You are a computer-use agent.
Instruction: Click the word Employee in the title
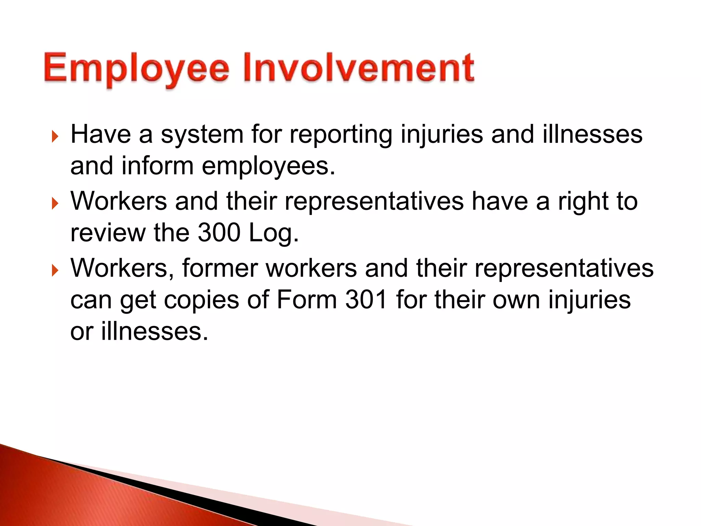[136, 68]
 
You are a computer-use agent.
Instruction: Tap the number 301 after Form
[366, 300]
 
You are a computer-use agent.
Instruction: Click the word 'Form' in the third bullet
[307, 300]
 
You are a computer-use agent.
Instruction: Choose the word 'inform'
[157, 166]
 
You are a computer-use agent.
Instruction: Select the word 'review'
[108, 233]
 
